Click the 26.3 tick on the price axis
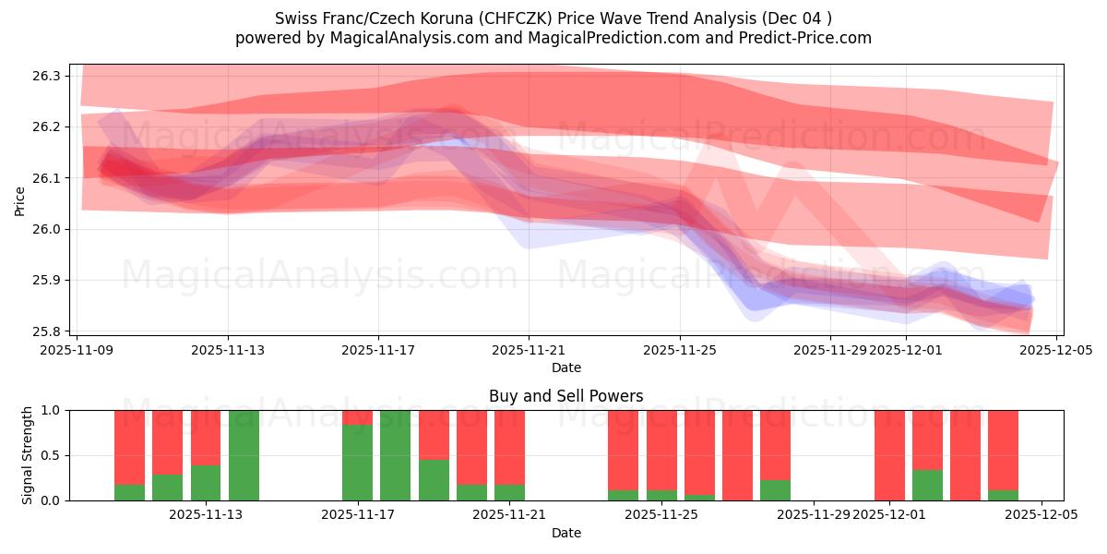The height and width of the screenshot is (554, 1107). click(56, 76)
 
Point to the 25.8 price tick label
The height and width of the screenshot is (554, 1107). click(56, 331)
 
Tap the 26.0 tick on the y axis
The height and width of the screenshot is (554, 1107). click(56, 229)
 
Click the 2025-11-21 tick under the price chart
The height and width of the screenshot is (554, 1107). click(530, 350)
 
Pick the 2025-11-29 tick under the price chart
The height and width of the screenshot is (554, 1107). click(830, 350)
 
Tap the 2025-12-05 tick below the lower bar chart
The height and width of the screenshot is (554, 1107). click(1042, 515)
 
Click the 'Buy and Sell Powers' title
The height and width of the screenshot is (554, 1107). click(565, 396)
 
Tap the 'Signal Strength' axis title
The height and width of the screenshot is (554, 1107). click(28, 454)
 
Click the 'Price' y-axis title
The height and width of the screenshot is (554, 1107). click(20, 201)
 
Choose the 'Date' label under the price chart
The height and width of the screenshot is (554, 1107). click(565, 367)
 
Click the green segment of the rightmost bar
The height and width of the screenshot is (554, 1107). click(1003, 495)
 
